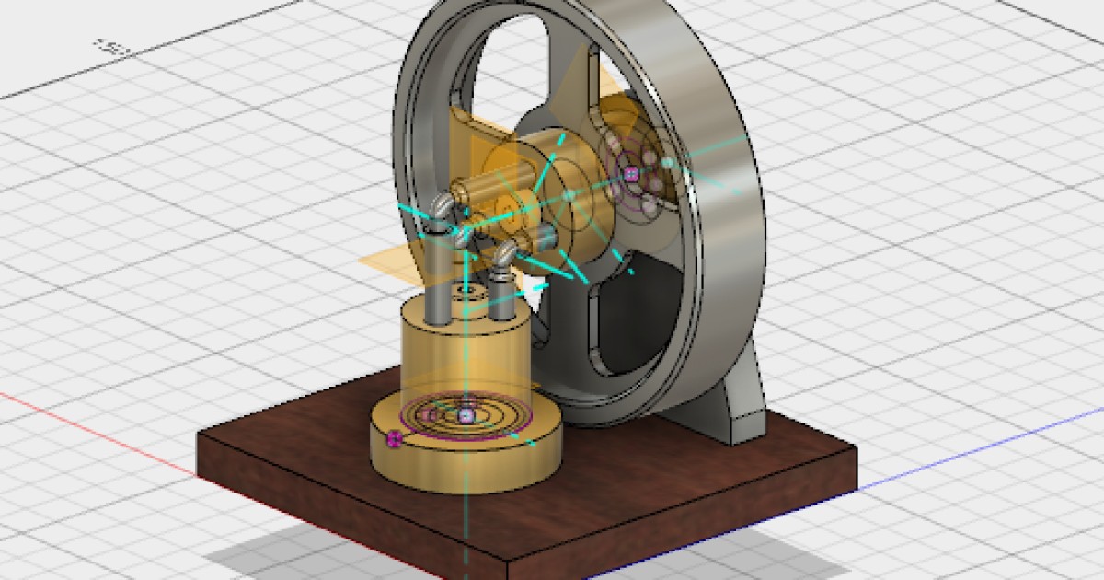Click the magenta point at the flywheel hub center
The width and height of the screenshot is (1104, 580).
point(631,172)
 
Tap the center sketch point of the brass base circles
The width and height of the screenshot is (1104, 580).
point(466,416)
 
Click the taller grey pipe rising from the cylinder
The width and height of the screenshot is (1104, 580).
point(439,276)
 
